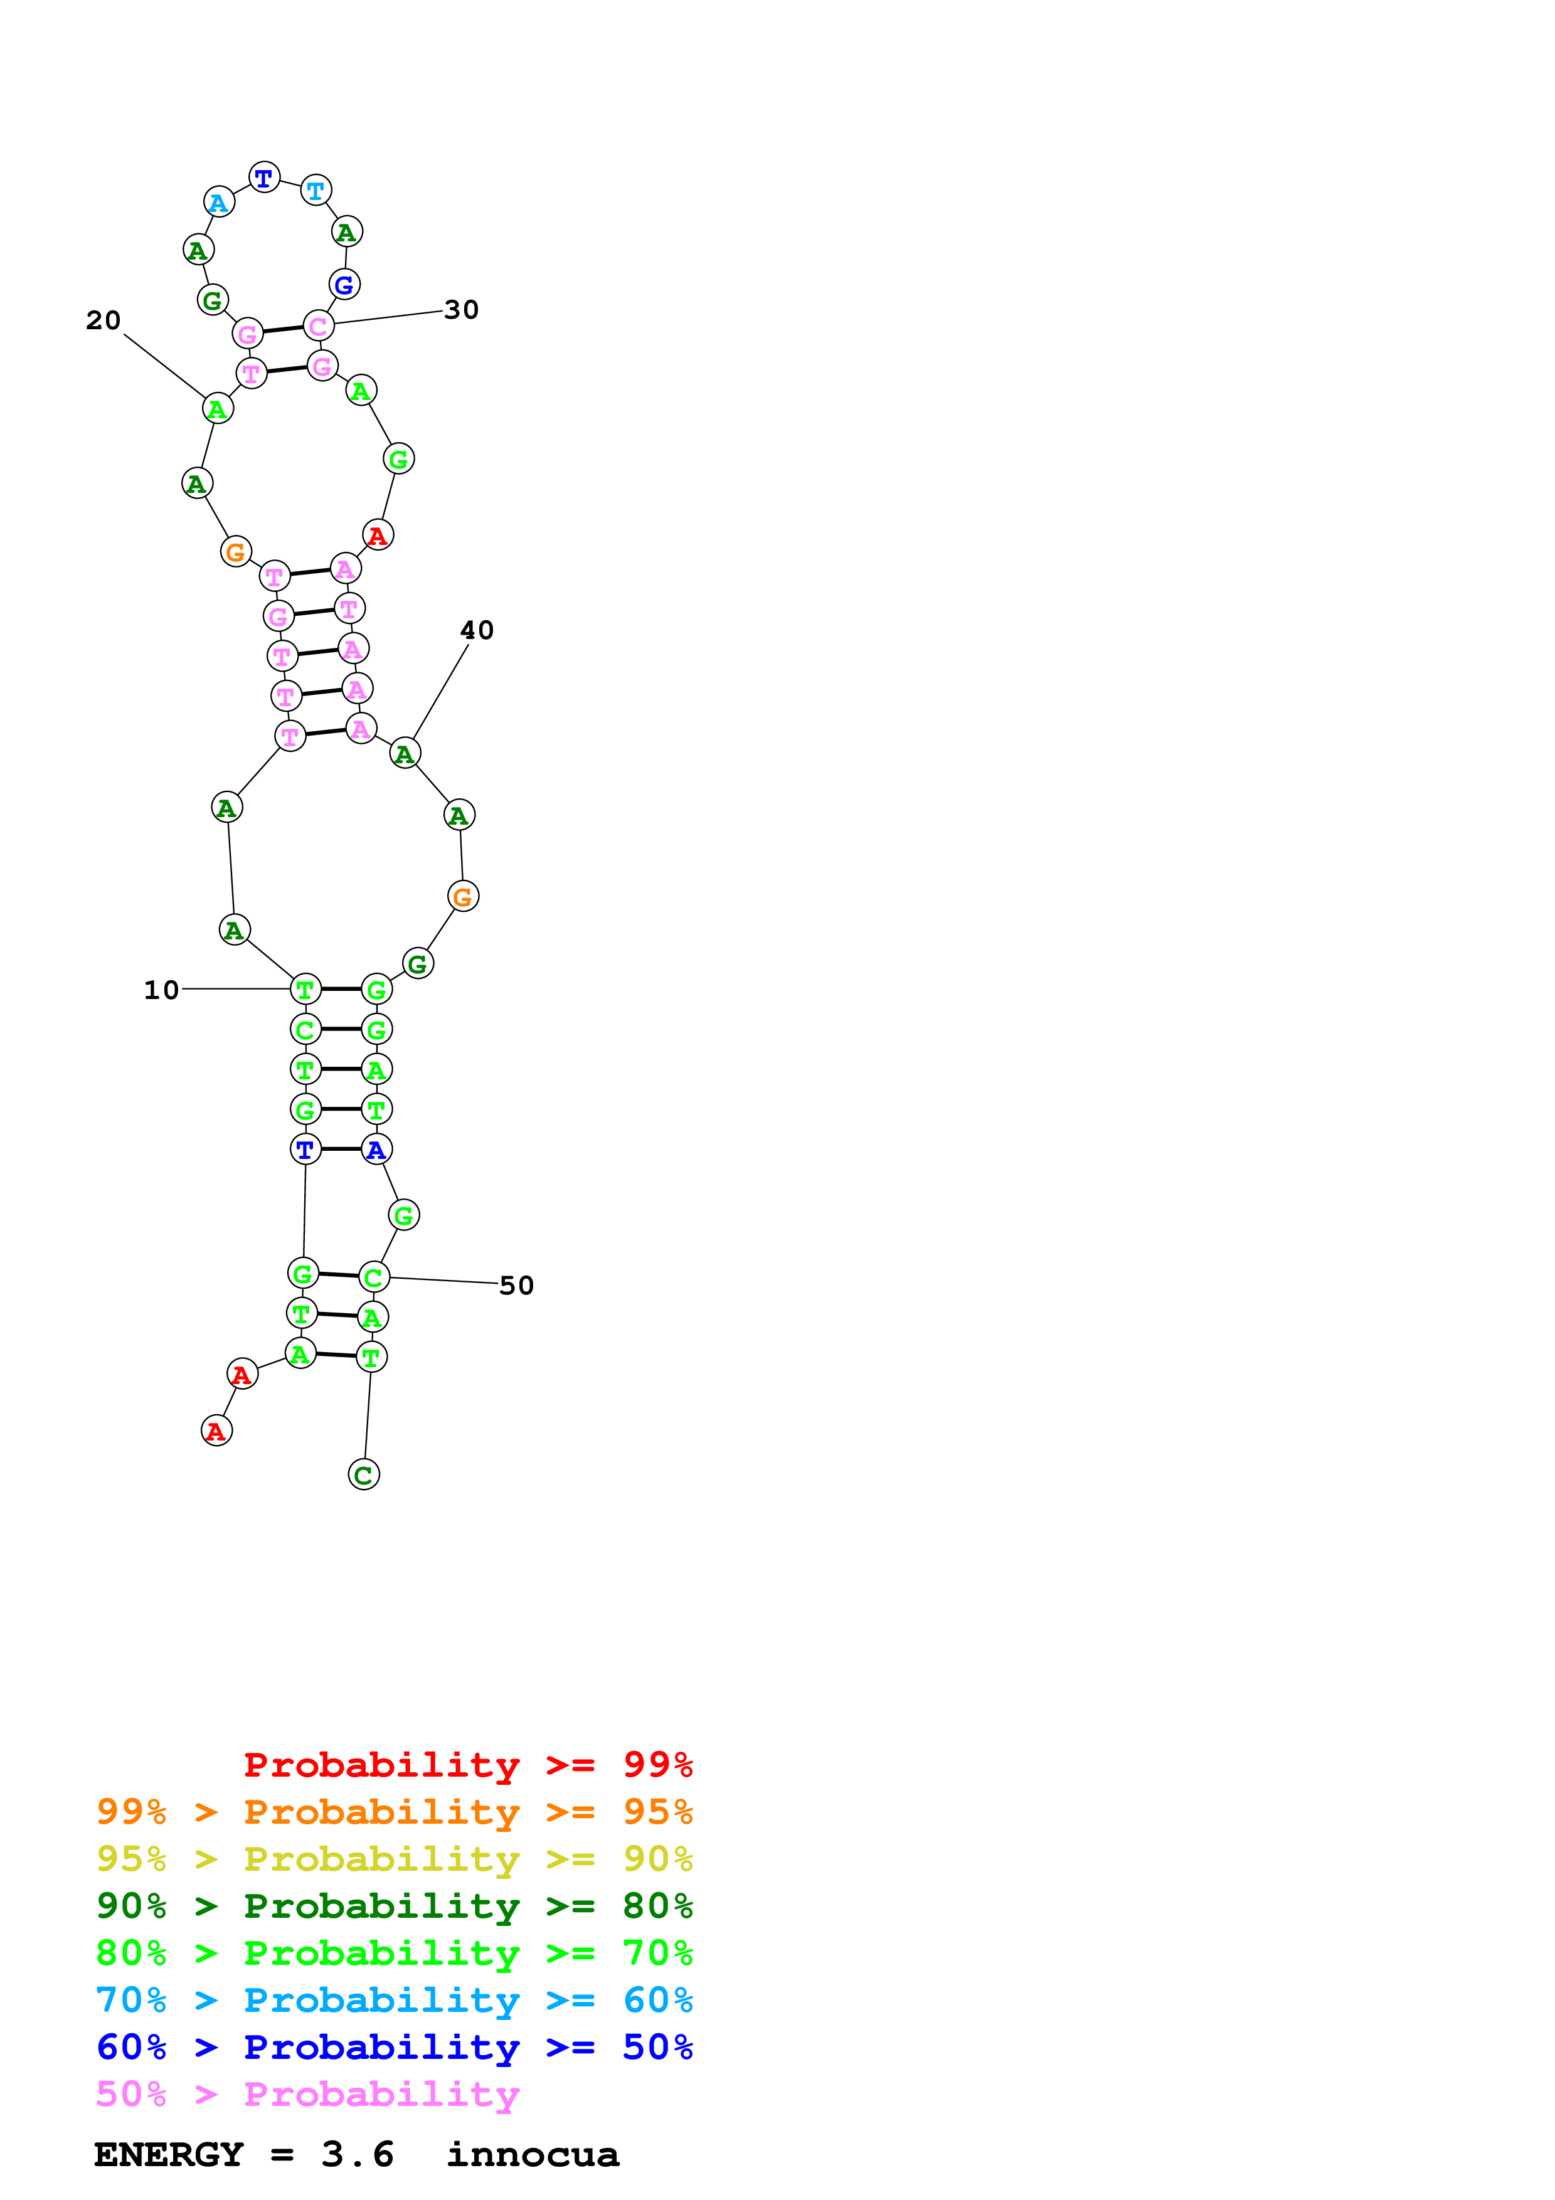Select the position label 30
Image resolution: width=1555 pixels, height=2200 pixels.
(461, 310)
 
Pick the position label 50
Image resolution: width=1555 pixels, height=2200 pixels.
(516, 1285)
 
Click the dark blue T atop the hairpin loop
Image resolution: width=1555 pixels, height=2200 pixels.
(265, 177)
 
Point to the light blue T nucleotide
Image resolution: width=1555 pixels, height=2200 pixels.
(316, 190)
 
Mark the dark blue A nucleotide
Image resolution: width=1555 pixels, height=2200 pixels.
(376, 1149)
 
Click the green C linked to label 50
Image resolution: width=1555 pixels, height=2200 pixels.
(374, 1277)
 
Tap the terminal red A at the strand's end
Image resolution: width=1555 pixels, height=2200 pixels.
(216, 1432)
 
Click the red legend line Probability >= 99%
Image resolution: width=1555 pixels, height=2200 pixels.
(467, 1765)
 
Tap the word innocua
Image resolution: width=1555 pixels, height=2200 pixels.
(533, 2154)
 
